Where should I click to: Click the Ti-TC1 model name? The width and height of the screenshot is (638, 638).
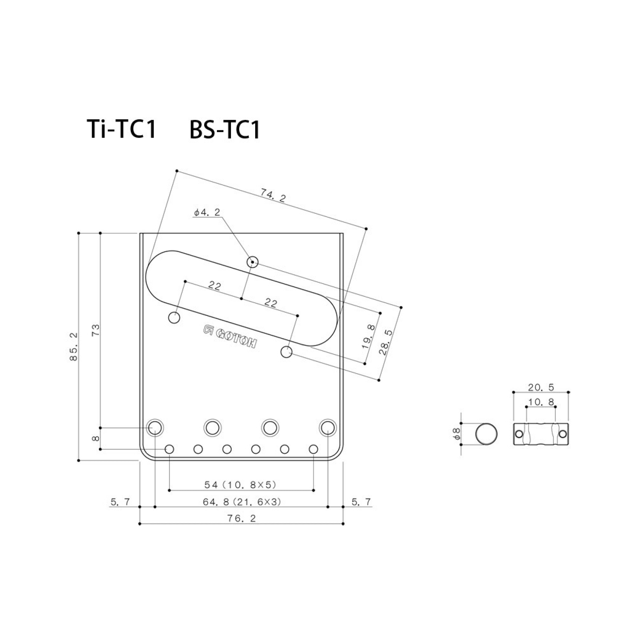122,129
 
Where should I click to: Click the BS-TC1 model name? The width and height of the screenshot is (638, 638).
225,130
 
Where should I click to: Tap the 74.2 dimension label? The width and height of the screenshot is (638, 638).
273,196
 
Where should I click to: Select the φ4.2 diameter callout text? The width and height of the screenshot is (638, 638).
207,213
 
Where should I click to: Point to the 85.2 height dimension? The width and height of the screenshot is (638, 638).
74,347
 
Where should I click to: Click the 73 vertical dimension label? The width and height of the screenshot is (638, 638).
96,330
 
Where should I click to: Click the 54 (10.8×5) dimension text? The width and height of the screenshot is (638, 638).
240,485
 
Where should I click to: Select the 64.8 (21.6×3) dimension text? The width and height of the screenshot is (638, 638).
242,502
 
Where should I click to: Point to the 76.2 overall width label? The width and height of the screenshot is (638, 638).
241,518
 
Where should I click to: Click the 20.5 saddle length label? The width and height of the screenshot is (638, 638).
541,387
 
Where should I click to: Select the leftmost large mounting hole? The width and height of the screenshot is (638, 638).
155,427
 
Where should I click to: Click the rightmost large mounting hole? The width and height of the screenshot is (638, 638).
328,427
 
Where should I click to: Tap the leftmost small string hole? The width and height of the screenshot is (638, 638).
169,450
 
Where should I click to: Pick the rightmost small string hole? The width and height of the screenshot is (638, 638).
313,450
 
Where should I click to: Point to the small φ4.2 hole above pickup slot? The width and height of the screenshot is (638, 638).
252,262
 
